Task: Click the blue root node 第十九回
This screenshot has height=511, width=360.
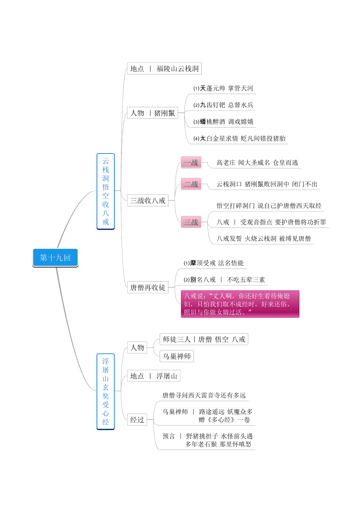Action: pos(55,258)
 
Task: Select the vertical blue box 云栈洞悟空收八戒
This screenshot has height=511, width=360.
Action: pos(106,191)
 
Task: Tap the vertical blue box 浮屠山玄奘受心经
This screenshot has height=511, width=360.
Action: pos(106,391)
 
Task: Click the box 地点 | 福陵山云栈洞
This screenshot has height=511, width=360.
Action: pos(164,68)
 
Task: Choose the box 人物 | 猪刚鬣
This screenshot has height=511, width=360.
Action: pos(152,113)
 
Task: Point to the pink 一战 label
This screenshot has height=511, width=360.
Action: pos(191,163)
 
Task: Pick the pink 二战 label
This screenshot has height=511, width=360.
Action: pos(191,184)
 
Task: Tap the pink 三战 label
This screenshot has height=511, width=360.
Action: pos(191,222)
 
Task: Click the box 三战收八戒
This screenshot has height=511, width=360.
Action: pos(148,200)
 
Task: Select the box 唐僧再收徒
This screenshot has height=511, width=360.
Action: pos(148,287)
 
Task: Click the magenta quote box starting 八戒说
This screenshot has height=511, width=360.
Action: pos(240,304)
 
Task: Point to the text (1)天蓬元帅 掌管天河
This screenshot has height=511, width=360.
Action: pos(223,88)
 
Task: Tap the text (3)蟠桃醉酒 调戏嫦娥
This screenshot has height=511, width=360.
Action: pos(223,121)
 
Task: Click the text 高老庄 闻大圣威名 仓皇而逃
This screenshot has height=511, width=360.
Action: pos(257,163)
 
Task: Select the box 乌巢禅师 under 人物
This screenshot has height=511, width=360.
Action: pos(177,356)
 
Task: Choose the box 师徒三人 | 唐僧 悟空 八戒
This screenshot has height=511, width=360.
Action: pos(204,339)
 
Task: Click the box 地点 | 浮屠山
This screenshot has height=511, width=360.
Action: pos(154,376)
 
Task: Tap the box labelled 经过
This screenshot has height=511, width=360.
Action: pos(137,420)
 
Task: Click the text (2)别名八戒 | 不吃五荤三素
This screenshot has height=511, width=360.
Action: pos(224,280)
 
